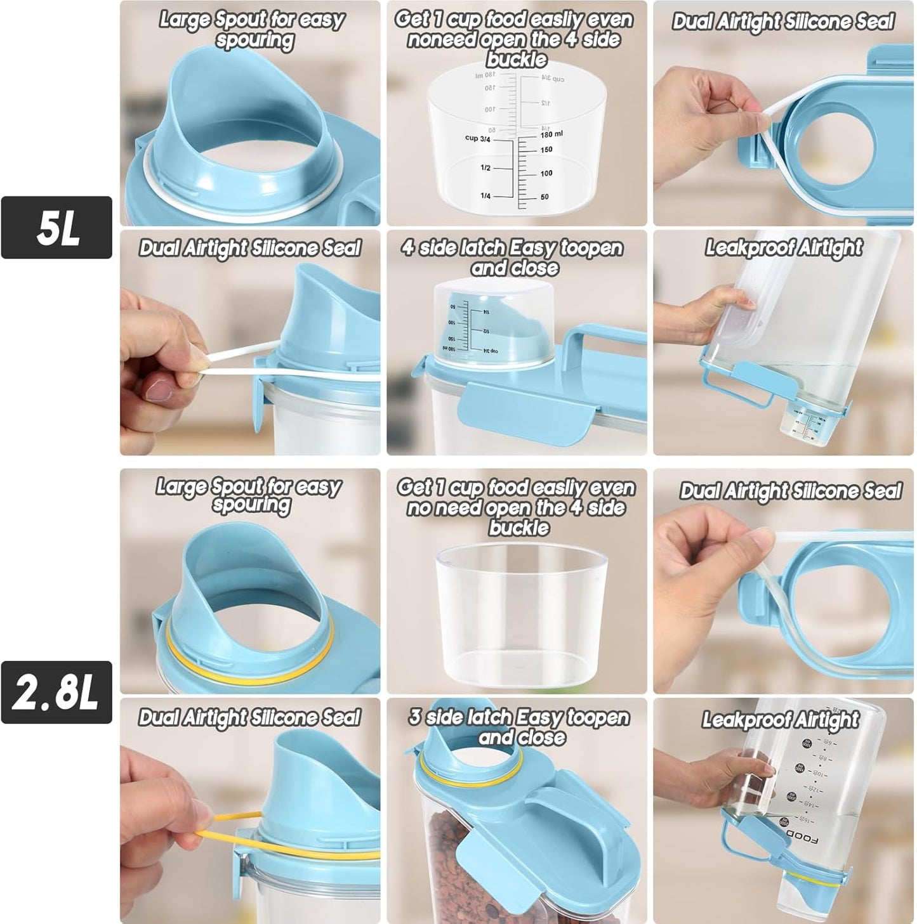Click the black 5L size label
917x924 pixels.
pos(56,227)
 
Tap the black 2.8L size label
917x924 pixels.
pos(56,692)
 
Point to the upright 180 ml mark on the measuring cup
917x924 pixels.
pos(551,134)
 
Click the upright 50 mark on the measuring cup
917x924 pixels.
pos(544,197)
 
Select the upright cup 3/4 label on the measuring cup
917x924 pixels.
pos(477,138)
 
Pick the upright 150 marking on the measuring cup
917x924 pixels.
pos(546,150)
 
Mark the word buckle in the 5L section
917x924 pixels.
pos(516,60)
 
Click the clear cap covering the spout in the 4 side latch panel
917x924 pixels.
pos(494,320)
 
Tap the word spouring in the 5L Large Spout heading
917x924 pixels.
pos(254,41)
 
